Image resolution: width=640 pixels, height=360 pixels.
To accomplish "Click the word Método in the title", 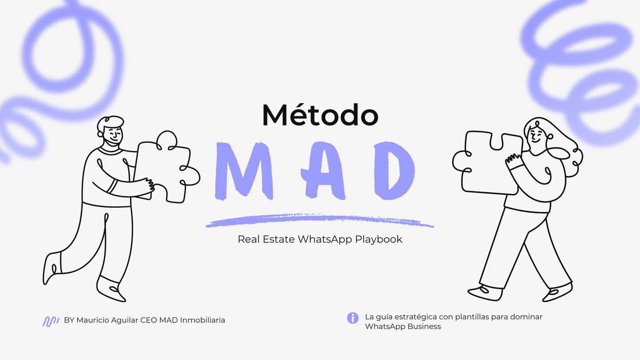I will [320, 116].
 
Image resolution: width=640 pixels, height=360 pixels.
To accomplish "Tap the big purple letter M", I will [243, 170].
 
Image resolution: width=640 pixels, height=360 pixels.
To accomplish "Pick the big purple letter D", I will [394, 171].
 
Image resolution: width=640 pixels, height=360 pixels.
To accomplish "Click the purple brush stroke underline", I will [319, 221].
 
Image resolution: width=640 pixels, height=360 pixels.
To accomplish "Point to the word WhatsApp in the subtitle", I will [325, 240].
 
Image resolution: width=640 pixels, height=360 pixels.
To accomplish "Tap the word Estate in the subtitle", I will [280, 240].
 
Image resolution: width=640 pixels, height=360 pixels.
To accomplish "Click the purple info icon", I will [353, 317].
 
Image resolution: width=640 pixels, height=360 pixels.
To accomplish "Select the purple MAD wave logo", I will [51, 321].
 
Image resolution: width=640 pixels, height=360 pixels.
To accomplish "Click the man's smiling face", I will [112, 134].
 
